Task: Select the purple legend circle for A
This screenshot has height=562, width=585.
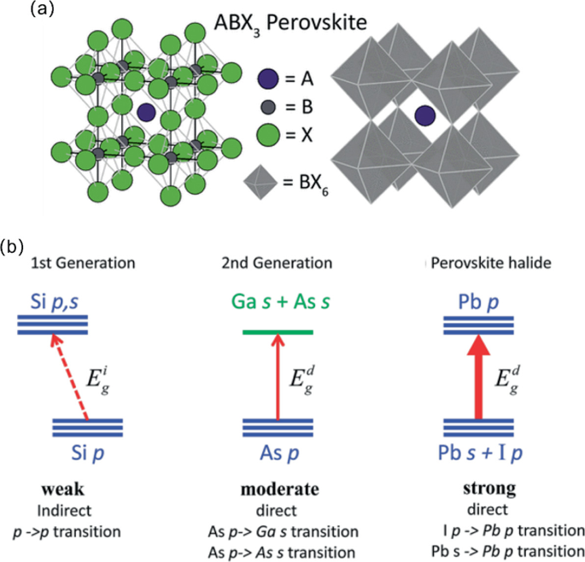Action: point(267,79)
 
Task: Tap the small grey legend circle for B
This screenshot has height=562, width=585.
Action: point(267,108)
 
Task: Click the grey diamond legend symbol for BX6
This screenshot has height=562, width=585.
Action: point(263,179)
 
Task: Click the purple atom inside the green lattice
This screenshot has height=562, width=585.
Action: point(146,111)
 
